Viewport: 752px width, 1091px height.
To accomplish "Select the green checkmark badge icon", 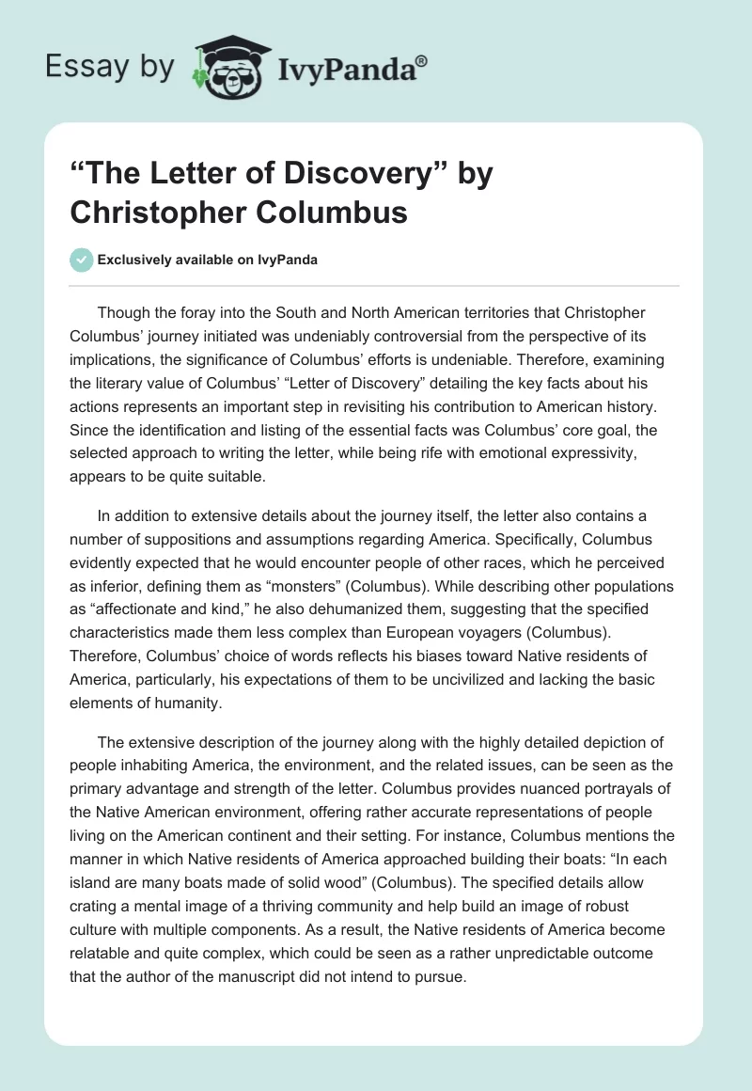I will pos(82,260).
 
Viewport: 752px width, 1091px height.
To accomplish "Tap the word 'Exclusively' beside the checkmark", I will pos(136,260).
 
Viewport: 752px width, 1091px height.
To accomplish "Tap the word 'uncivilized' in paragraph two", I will pos(496,679).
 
